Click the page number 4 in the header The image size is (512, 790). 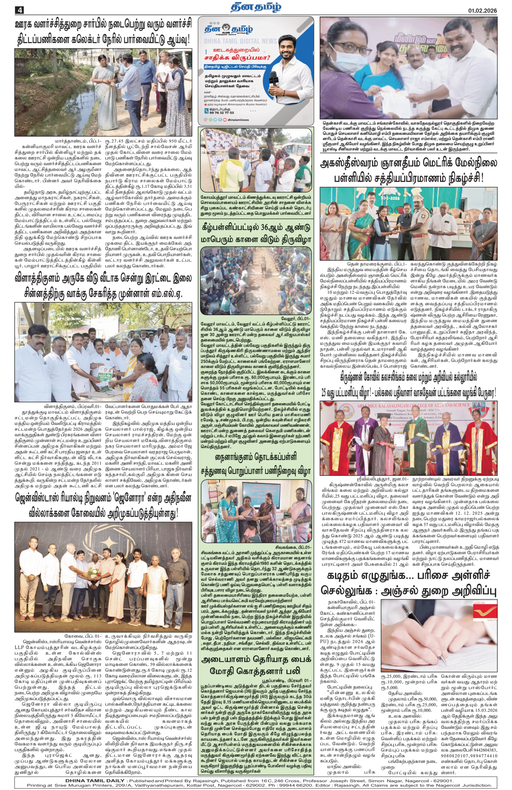[x=19, y=10]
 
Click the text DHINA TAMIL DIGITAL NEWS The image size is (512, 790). [x=240, y=41]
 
